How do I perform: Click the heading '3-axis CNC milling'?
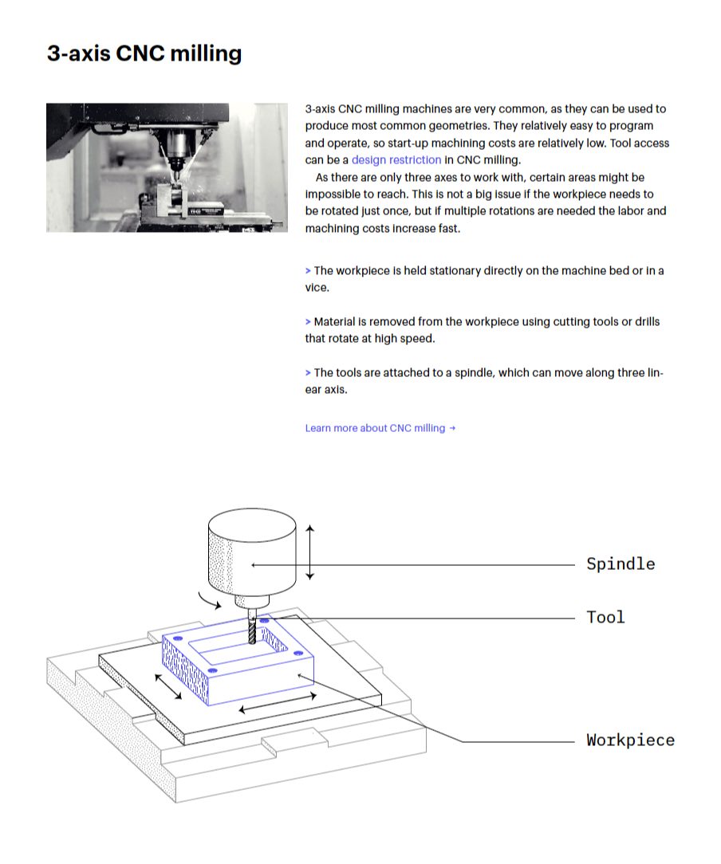[x=144, y=53]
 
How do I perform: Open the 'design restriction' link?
[x=396, y=159]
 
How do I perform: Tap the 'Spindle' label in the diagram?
[x=621, y=564]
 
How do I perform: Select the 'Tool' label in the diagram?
[x=605, y=617]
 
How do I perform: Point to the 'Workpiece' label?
[x=630, y=740]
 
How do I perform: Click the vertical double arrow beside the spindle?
[x=310, y=552]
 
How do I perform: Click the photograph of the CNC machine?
[x=167, y=167]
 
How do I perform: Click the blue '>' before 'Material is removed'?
[x=308, y=322]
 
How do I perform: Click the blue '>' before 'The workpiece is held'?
[x=308, y=271]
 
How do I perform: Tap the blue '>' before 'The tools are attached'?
[x=308, y=373]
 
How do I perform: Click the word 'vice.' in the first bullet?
[x=317, y=288]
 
